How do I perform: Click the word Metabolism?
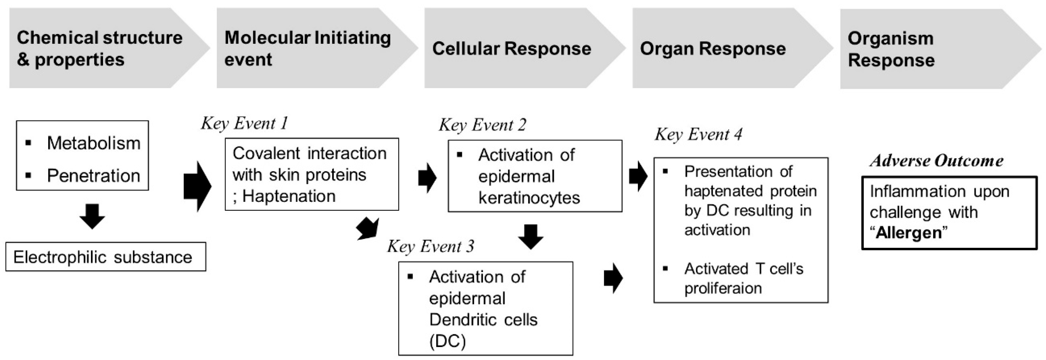(93, 143)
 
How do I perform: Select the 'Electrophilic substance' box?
(105, 257)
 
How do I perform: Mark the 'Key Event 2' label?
(482, 125)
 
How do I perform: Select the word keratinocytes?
(529, 198)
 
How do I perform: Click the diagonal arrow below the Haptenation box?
(368, 229)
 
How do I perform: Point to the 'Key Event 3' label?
(430, 246)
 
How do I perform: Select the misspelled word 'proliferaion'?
(723, 288)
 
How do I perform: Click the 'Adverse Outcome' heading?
(936, 161)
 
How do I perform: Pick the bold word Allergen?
(908, 233)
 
